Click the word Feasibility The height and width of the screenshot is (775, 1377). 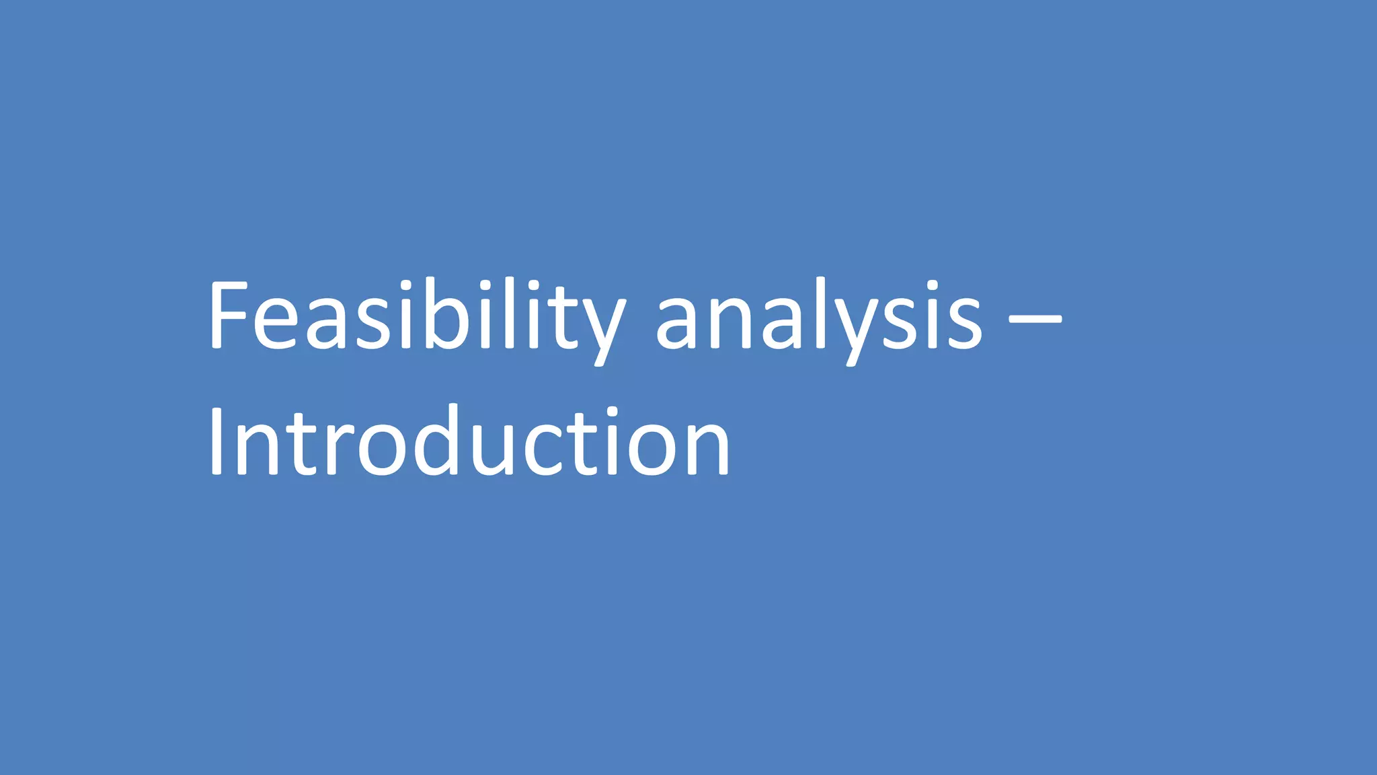coord(417,316)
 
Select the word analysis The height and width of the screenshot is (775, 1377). coord(819,316)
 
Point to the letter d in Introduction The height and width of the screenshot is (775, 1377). coord(438,441)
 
